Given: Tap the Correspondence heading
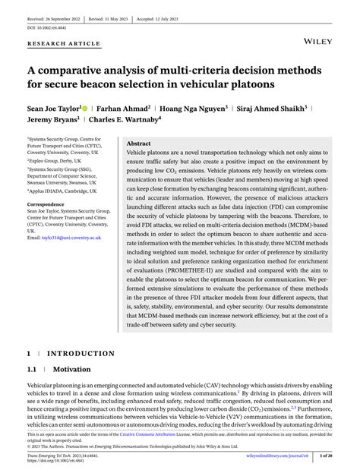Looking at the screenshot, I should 48,204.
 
